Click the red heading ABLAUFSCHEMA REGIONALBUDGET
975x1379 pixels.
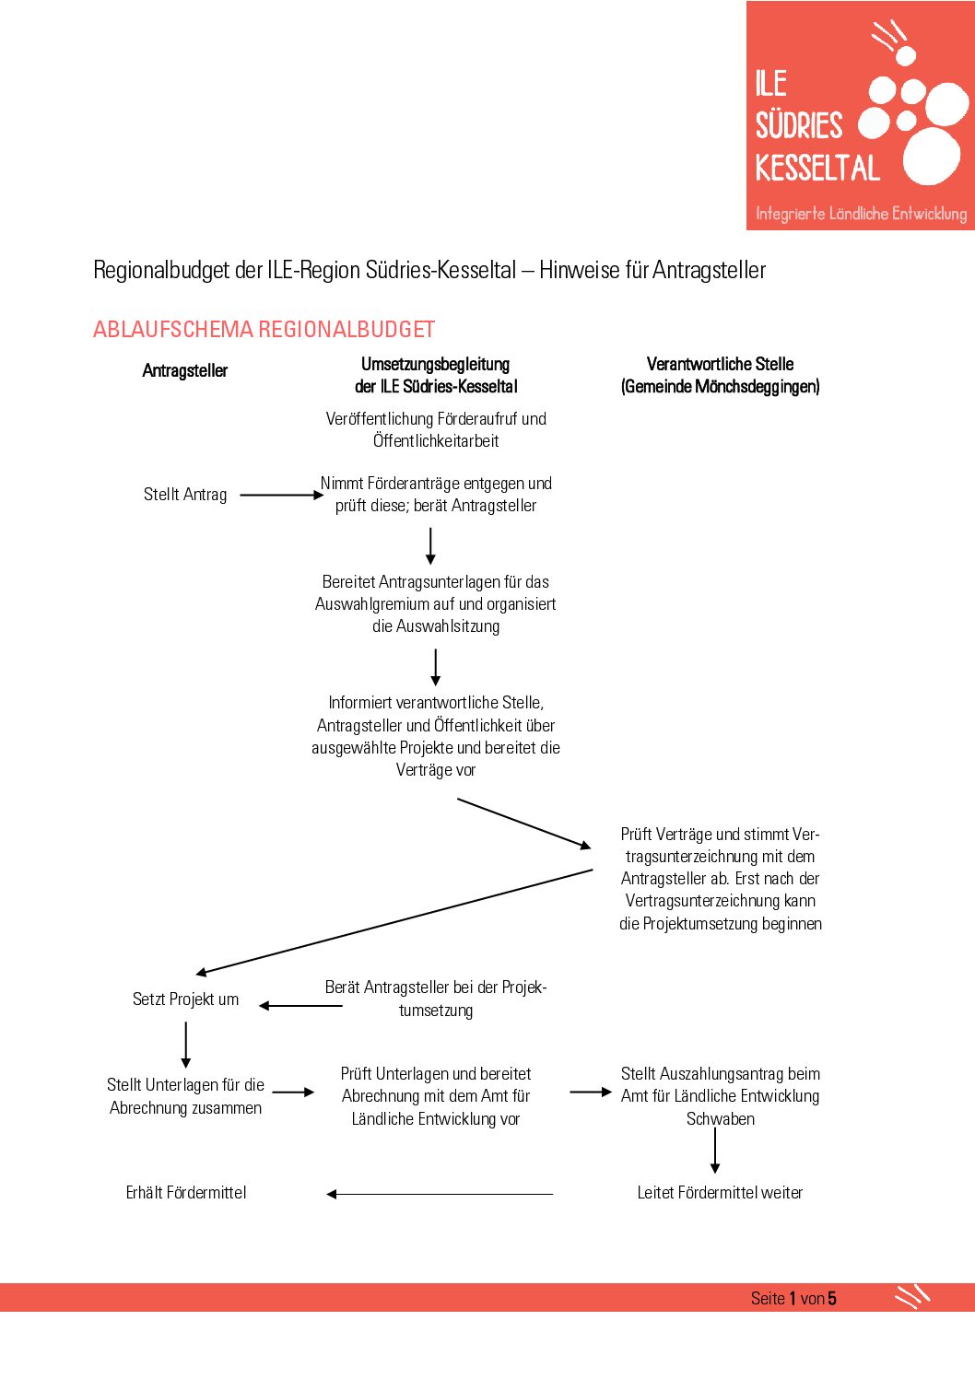pyautogui.click(x=264, y=330)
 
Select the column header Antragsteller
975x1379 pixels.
pyautogui.click(x=185, y=370)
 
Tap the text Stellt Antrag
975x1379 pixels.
pyautogui.click(x=185, y=495)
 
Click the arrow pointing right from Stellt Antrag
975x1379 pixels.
pyautogui.click(x=281, y=495)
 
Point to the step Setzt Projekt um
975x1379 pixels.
pyautogui.click(x=185, y=999)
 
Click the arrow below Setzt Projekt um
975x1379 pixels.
pyautogui.click(x=186, y=1045)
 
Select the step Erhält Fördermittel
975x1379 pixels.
pyautogui.click(x=186, y=1193)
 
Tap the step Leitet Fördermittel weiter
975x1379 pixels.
pyautogui.click(x=720, y=1193)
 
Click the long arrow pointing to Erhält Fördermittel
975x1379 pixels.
pyautogui.click(x=440, y=1195)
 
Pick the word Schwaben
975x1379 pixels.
pyautogui.click(x=720, y=1118)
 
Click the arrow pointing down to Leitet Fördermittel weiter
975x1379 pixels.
pyautogui.click(x=715, y=1151)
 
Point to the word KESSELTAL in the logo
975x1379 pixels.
pyautogui.click(x=817, y=168)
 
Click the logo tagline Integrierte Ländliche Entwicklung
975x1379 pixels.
pyautogui.click(x=861, y=214)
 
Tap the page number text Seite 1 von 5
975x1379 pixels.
pyautogui.click(x=793, y=1298)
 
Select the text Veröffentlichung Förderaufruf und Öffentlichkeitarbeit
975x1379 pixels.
pyautogui.click(x=436, y=429)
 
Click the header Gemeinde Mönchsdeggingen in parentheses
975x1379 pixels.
pyautogui.click(x=720, y=387)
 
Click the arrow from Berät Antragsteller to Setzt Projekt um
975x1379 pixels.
pyautogui.click(x=300, y=1006)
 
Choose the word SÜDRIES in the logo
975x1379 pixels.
pyautogui.click(x=799, y=125)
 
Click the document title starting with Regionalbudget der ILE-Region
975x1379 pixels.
pyautogui.click(x=429, y=270)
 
